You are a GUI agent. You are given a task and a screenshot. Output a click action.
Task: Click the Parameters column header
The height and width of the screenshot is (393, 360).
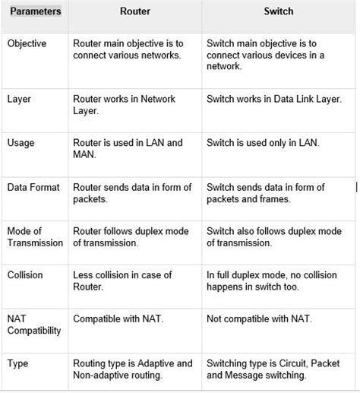click(35, 13)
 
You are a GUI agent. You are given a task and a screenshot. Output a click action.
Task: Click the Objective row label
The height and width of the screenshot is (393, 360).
click(27, 44)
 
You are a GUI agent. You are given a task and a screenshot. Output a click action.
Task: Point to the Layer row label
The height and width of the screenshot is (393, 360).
click(19, 99)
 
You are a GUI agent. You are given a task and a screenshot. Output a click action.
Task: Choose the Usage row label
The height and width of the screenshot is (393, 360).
click(21, 143)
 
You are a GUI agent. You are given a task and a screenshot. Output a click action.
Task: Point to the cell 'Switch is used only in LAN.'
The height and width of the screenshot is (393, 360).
click(262, 143)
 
